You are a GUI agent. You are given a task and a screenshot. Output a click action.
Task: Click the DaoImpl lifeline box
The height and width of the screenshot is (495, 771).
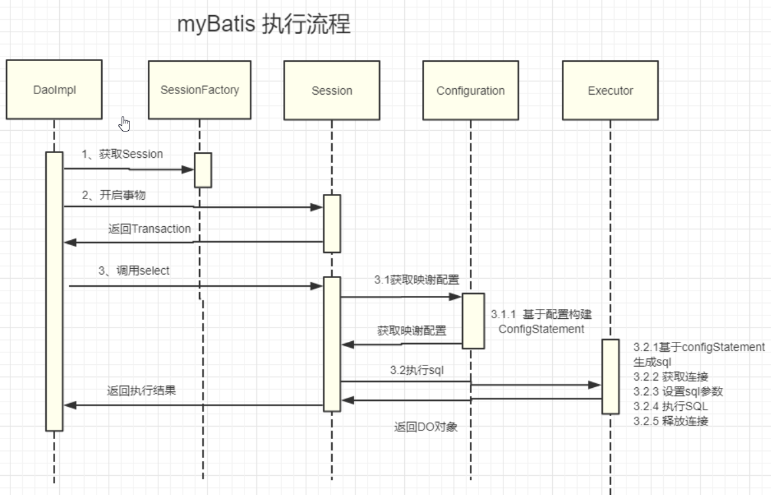pyautogui.click(x=55, y=90)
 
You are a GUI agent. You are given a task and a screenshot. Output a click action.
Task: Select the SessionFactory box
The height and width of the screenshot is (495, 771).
pyautogui.click(x=199, y=90)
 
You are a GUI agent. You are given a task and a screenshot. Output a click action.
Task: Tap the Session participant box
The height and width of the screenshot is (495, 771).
pyautogui.click(x=331, y=90)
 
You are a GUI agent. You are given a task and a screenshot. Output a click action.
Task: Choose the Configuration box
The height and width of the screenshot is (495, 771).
pyautogui.click(x=471, y=90)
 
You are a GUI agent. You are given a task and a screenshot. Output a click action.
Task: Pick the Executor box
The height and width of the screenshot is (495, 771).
pyautogui.click(x=610, y=90)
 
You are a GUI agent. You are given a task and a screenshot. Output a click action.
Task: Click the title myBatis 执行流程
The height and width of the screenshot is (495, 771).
pyautogui.click(x=264, y=25)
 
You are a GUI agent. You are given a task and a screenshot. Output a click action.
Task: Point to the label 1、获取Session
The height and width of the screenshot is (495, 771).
pyautogui.click(x=122, y=154)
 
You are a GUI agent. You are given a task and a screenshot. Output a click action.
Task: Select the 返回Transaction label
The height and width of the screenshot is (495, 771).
pyautogui.click(x=149, y=229)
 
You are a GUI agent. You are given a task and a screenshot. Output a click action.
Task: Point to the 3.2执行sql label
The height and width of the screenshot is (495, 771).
pyautogui.click(x=417, y=370)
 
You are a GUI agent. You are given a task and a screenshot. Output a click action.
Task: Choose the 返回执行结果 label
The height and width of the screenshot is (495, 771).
pyautogui.click(x=141, y=390)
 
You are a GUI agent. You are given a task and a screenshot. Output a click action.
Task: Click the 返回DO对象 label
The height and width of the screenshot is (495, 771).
pyautogui.click(x=426, y=427)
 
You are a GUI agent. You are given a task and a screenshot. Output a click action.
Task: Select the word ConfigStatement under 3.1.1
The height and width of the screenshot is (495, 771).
pyautogui.click(x=541, y=329)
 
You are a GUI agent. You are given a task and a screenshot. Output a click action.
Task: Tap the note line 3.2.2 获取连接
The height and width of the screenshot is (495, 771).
pyautogui.click(x=670, y=376)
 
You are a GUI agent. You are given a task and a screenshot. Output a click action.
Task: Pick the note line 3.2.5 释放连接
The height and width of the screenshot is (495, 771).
pyautogui.click(x=670, y=421)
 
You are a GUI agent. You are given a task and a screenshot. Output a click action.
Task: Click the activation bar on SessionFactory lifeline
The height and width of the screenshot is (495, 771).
pyautogui.click(x=203, y=170)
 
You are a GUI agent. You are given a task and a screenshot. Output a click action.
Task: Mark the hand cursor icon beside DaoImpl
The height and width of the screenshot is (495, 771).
pyautogui.click(x=126, y=124)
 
